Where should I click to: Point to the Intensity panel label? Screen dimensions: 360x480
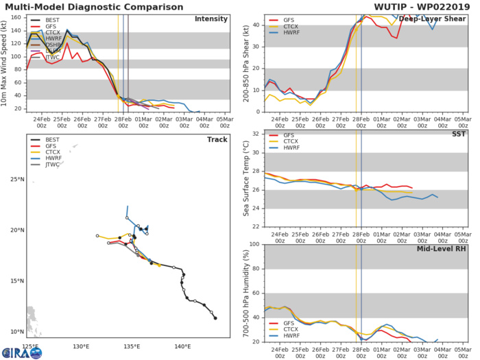pyautogui.click(x=211, y=19)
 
